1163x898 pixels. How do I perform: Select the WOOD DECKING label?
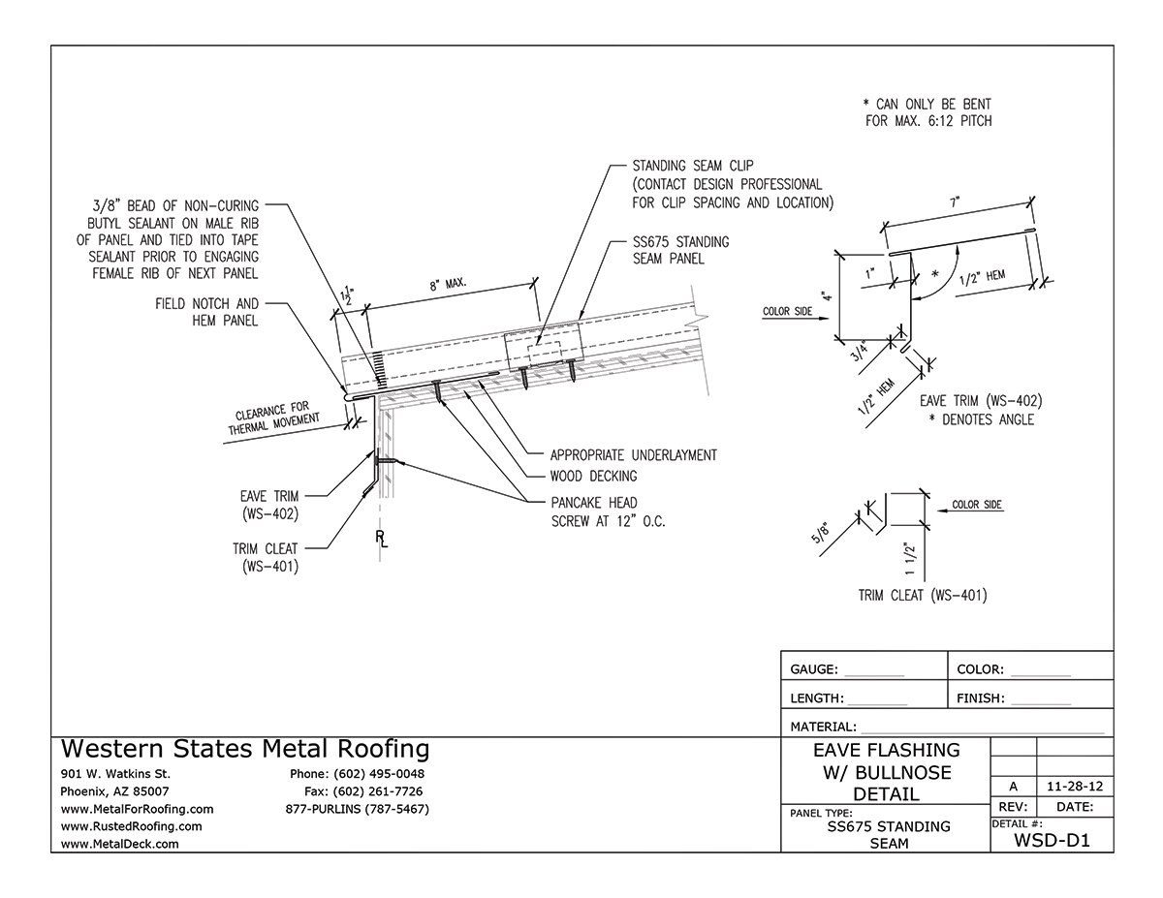(593, 476)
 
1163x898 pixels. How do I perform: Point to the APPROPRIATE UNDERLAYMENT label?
(633, 454)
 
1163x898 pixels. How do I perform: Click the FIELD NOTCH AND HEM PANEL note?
(206, 312)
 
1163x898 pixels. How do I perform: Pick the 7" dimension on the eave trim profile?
(955, 203)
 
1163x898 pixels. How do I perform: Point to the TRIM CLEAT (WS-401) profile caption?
(923, 596)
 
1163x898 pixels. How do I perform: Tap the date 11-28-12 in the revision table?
(1074, 788)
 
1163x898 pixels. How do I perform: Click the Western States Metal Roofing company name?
(245, 749)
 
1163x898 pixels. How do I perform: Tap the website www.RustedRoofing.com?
(131, 826)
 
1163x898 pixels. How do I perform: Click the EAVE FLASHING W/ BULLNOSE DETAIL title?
(886, 773)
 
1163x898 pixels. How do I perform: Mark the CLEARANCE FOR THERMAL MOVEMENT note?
(276, 416)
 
